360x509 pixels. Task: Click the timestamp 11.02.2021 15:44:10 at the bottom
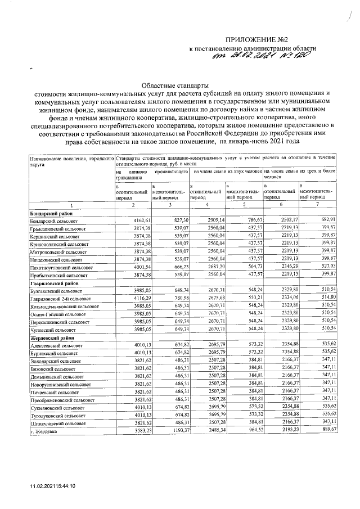53,486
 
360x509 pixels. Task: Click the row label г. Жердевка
46,430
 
